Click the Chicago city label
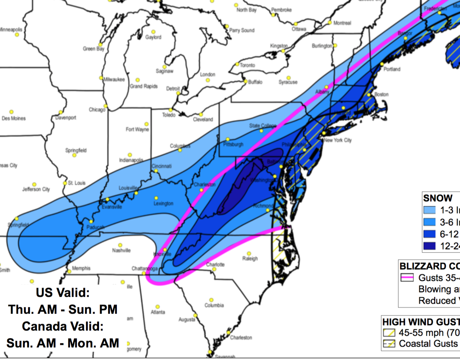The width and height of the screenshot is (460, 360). point(97,110)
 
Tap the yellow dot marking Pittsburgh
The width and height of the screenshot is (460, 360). point(227,139)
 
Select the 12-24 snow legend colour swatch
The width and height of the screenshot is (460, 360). point(429,246)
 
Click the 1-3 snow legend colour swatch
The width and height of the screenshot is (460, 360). point(429,210)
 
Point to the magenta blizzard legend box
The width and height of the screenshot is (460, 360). point(407,278)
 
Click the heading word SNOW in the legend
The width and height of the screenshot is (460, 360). point(438,198)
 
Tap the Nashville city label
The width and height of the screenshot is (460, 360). point(121,250)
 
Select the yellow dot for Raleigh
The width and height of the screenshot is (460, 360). point(249,254)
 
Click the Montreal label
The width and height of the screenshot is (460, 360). point(342,23)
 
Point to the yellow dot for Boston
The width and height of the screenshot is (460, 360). point(369,95)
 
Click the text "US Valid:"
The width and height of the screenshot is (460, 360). point(63,293)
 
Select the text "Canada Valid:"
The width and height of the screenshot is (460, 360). point(63,326)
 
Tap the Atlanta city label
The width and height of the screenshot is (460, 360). point(158,312)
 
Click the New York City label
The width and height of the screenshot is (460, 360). point(338,140)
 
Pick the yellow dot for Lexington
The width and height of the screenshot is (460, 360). point(156,198)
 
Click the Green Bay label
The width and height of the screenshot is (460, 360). point(93,49)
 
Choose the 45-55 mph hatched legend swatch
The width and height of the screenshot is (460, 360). point(389,333)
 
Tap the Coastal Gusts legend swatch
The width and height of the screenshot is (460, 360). point(389,344)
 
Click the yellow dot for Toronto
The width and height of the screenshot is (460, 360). point(237,64)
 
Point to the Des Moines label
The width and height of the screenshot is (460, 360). point(14,118)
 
